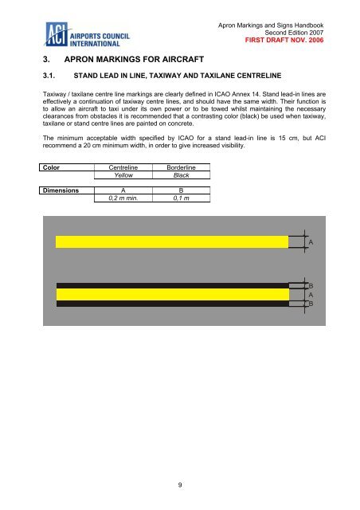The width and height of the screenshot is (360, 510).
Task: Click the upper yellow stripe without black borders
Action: tap(171, 241)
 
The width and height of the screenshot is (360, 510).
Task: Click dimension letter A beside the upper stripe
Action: tap(311, 241)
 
